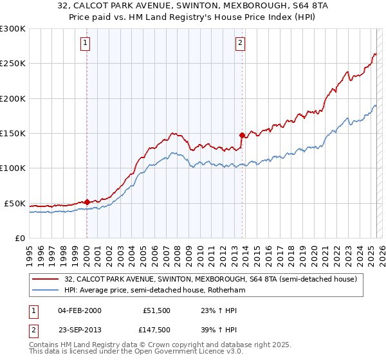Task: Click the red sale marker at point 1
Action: coord(87,202)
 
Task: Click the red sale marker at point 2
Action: coord(242,135)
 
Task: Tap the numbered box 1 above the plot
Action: coord(86,44)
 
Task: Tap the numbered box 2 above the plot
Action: coord(240,44)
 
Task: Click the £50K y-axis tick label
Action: coord(15,203)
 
